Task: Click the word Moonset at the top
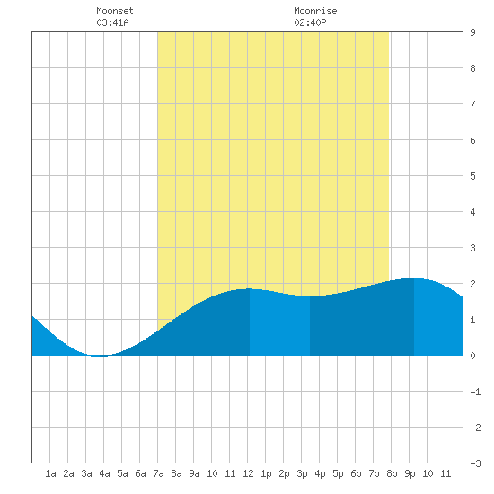click(115, 11)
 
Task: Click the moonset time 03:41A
click(112, 22)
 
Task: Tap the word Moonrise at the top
click(315, 11)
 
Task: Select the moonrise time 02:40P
click(310, 22)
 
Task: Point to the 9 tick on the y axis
click(472, 32)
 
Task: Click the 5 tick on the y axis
click(472, 176)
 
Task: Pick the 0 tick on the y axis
click(472, 356)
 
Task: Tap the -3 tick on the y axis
click(475, 463)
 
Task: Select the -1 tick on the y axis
click(475, 392)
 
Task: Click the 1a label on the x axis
click(50, 473)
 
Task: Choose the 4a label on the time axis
click(104, 473)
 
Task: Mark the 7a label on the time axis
click(158, 473)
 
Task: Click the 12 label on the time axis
click(248, 473)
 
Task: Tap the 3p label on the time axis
click(302, 473)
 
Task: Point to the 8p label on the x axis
click(392, 473)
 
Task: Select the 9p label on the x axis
click(410, 473)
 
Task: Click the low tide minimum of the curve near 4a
click(99, 356)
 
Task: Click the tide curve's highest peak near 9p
click(414, 278)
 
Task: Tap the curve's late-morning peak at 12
click(249, 288)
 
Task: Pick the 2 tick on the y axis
click(472, 284)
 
